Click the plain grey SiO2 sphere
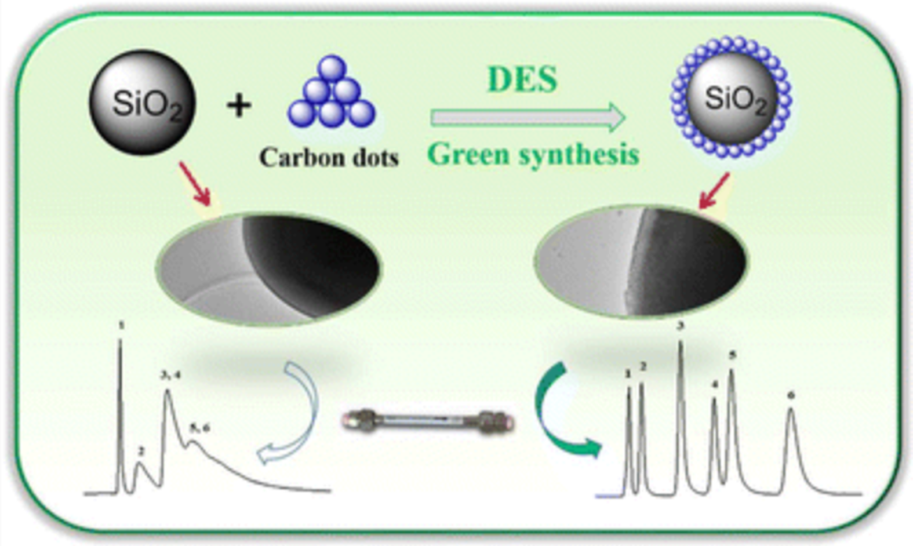142,103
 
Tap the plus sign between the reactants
238,106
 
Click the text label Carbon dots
329,157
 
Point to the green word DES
522,79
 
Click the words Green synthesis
533,155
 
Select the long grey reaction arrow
528,118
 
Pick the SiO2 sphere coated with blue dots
732,97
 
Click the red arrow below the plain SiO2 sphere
195,184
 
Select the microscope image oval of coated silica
641,260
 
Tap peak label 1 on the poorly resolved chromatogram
121,326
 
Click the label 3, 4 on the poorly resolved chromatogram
170,375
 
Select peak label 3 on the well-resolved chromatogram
681,326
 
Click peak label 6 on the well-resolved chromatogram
791,395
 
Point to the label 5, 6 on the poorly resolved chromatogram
200,428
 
